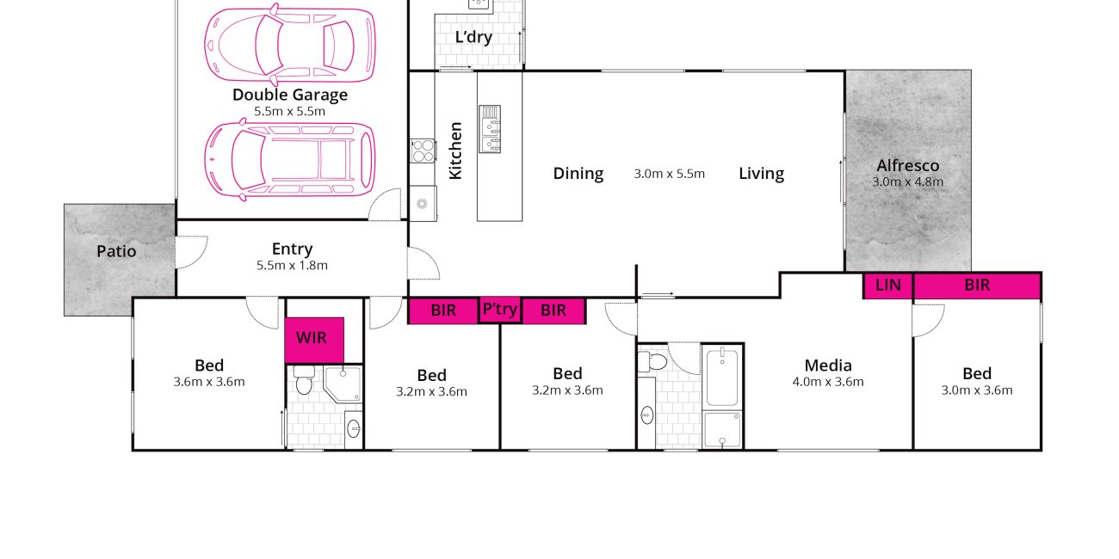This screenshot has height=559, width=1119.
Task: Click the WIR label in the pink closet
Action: [x=312, y=338]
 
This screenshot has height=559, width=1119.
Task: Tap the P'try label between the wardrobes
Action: [x=500, y=310]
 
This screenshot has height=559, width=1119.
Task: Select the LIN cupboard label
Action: [x=888, y=285]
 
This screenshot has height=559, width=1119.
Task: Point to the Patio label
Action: [x=116, y=251]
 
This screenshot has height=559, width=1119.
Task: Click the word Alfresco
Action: [x=908, y=165]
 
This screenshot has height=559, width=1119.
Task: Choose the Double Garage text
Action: [x=290, y=95]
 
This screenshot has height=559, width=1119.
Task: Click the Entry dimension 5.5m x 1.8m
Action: [x=293, y=265]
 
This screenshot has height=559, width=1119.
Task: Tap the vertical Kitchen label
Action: [x=455, y=150]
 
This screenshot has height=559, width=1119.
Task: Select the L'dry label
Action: [x=473, y=38]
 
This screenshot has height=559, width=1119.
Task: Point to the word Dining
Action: [x=578, y=174]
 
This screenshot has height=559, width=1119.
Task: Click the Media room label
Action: [x=828, y=365]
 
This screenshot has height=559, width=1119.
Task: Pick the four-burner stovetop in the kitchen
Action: [x=423, y=150]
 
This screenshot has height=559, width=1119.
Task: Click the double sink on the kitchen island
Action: [x=490, y=129]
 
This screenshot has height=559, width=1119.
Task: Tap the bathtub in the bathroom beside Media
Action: [x=722, y=378]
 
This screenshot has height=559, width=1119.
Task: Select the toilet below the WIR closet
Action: [x=304, y=379]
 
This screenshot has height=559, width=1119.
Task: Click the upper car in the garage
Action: [x=290, y=44]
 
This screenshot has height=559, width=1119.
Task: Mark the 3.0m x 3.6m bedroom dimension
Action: [x=977, y=390]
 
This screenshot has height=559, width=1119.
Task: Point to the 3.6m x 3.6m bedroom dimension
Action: [x=209, y=382]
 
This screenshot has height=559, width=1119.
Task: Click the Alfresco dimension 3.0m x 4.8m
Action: [x=908, y=181]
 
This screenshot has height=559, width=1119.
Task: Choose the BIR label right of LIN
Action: [x=977, y=285]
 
